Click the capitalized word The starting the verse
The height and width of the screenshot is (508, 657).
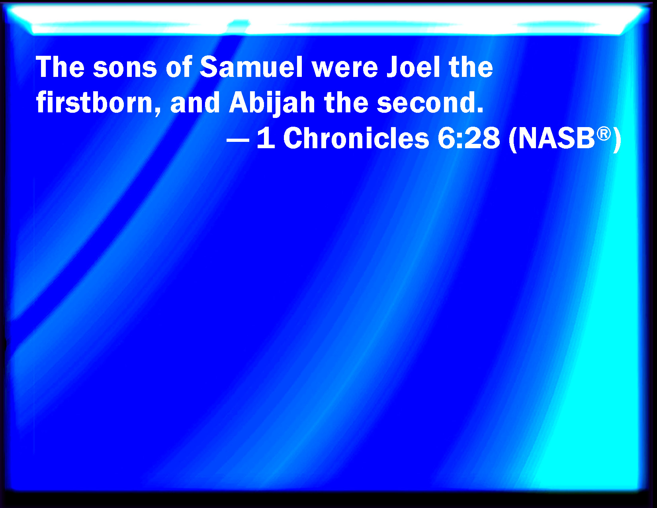tap(60, 67)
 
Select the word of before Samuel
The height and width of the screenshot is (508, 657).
tap(179, 67)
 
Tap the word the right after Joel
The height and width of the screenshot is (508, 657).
tap(471, 67)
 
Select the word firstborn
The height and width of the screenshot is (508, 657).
tap(94, 102)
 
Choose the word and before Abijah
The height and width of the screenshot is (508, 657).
tap(195, 102)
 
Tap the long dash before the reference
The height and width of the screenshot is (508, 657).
tap(238, 140)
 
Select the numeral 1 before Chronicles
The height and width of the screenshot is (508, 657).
tap(266, 138)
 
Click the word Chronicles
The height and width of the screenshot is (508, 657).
tap(356, 138)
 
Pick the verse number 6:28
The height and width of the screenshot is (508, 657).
tap(468, 138)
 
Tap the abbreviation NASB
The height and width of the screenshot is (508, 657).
tap(557, 138)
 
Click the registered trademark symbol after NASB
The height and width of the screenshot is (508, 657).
tap(604, 134)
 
